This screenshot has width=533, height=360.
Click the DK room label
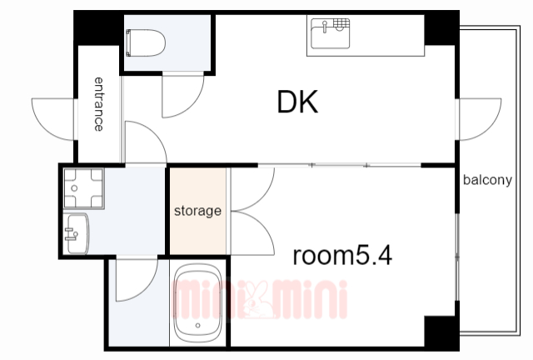(298, 102)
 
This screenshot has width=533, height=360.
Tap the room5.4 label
(342, 256)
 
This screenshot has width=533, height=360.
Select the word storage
(197, 211)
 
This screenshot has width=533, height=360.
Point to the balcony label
(487, 180)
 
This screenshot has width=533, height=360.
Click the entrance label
(98, 104)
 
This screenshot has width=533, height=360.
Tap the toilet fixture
(146, 42)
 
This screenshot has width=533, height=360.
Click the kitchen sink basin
(331, 33)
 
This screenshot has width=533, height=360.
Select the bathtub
(197, 304)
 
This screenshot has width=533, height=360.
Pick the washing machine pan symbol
(83, 188)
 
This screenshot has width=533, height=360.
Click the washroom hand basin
(77, 234)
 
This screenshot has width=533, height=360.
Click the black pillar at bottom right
(441, 331)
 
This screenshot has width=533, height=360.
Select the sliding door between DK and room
(339, 165)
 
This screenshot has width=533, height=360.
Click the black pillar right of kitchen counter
(441, 29)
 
